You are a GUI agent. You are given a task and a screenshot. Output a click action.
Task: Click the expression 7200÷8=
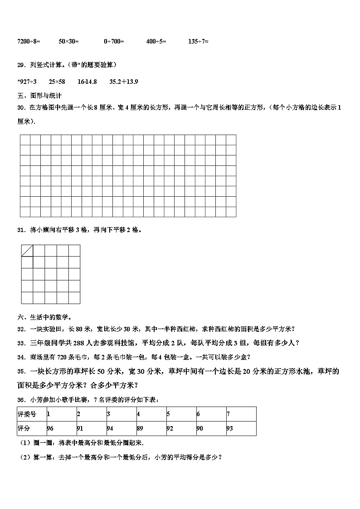(29, 41)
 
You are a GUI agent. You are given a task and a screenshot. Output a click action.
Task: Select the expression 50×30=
(68, 41)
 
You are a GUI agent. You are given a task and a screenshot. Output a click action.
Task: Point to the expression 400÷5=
(156, 41)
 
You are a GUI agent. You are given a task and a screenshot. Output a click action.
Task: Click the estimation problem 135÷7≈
(198, 41)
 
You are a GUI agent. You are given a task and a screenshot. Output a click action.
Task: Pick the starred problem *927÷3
(27, 82)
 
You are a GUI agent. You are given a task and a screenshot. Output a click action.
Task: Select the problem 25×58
(57, 82)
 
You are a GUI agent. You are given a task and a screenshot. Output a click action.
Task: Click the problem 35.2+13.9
(124, 82)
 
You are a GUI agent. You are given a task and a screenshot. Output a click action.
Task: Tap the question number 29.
(20, 65)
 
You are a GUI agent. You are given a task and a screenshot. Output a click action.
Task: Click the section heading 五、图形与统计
(39, 96)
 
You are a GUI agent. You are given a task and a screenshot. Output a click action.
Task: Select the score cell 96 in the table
(50, 428)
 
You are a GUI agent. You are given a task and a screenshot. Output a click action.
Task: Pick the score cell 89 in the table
(140, 428)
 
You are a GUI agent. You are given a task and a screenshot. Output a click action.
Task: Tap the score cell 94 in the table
(110, 428)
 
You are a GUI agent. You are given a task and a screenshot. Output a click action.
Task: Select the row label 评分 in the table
(24, 428)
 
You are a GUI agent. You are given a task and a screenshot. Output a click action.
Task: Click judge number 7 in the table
(228, 414)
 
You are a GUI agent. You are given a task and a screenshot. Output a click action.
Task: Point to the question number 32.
(20, 329)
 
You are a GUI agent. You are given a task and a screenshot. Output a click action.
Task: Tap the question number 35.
(21, 372)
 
